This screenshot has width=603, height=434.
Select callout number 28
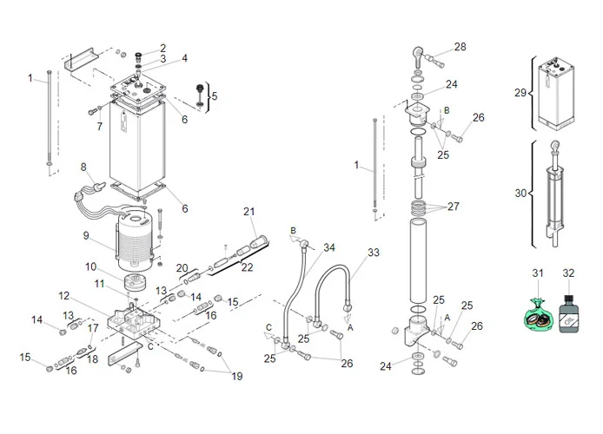coord(460,47)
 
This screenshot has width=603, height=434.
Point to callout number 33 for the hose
coord(373,253)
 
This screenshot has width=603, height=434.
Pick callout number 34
coord(328,248)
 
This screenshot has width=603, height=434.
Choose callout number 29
coord(520,92)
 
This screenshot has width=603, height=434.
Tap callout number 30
coord(520,193)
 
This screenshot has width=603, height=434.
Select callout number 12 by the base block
coord(63,296)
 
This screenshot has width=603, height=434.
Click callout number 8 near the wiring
coord(83,166)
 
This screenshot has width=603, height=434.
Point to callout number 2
coord(162,47)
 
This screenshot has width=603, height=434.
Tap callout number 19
coord(236,376)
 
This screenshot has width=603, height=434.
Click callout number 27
coord(452,208)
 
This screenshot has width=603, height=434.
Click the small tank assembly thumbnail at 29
coord(553,91)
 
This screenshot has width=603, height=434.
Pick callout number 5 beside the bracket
coord(215,96)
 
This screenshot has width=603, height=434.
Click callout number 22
coord(247,267)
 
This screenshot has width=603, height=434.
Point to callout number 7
coord(99,126)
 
